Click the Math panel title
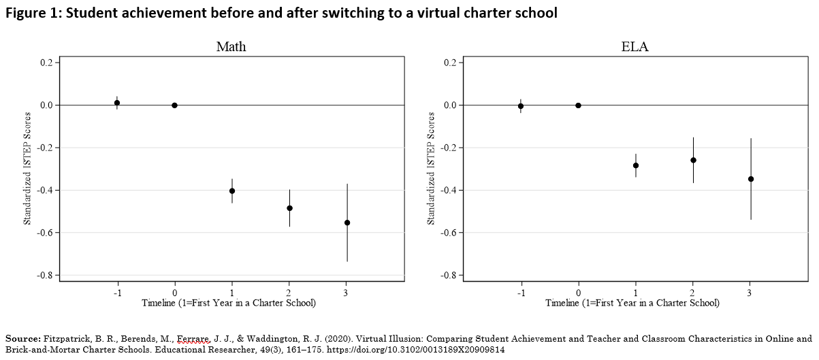point(231,47)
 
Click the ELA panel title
point(635,47)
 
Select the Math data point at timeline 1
point(232,191)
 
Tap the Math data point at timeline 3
point(347,223)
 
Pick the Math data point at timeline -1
point(117,103)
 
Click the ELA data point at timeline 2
point(693,160)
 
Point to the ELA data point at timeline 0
point(578,105)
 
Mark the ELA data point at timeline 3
point(751,179)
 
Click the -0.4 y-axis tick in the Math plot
point(48,191)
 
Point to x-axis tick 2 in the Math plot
point(289,293)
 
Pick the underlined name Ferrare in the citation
point(193,338)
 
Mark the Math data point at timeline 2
point(289,208)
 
